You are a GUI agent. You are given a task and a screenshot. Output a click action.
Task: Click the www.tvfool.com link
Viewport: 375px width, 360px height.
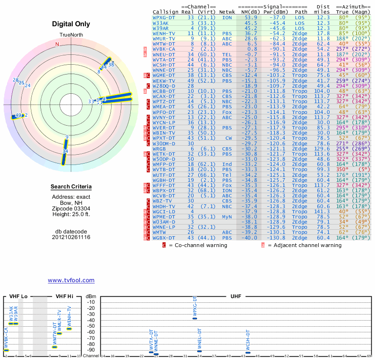pos(71,280)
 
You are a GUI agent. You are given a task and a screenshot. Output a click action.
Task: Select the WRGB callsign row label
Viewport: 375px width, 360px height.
pos(159,148)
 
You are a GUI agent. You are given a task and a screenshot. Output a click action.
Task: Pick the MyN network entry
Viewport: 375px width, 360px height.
pos(227,217)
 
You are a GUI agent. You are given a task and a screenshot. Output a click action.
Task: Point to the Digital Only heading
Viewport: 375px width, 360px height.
pos(71,24)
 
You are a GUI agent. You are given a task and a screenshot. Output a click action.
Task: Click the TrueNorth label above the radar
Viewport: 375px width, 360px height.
pos(71,36)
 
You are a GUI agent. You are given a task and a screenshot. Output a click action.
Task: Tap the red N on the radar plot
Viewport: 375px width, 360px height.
pos(58,45)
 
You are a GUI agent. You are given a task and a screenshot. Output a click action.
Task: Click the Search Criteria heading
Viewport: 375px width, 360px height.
pos(71,187)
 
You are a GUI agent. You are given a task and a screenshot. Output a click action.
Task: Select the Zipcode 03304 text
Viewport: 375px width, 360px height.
pos(71,209)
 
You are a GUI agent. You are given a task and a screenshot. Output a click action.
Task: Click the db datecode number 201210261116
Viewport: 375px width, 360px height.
pos(71,237)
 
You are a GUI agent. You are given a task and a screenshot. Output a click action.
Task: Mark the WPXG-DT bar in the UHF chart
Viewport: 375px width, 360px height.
pos(195,318)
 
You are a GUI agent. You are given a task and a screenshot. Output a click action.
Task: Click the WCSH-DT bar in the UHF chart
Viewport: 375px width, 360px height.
pos(248,352)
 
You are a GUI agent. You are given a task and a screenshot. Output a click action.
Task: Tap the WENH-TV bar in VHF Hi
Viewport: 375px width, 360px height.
pos(69,329)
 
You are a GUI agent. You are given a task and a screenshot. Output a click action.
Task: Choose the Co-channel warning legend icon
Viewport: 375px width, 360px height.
pos(164,245)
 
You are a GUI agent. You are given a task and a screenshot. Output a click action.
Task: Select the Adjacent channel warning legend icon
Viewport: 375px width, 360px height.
pos(263,245)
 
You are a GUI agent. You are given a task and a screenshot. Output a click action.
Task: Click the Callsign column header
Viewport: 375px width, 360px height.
pos(165,12)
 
